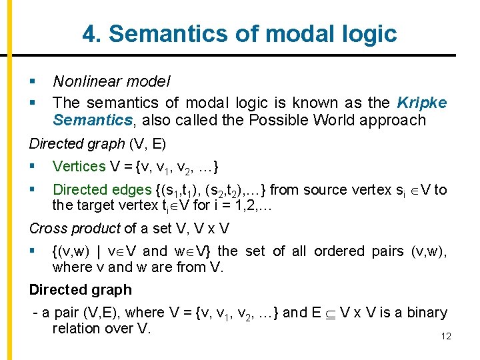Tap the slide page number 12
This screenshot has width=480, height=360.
click(446, 336)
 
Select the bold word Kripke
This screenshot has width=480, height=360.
click(421, 103)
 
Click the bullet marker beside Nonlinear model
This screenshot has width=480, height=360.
click(33, 82)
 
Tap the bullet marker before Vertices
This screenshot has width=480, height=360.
click(33, 167)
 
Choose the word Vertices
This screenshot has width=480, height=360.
click(79, 167)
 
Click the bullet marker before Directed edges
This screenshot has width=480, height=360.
click(33, 190)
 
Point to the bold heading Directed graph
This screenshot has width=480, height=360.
click(80, 290)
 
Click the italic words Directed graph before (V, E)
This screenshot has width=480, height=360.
click(77, 143)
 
